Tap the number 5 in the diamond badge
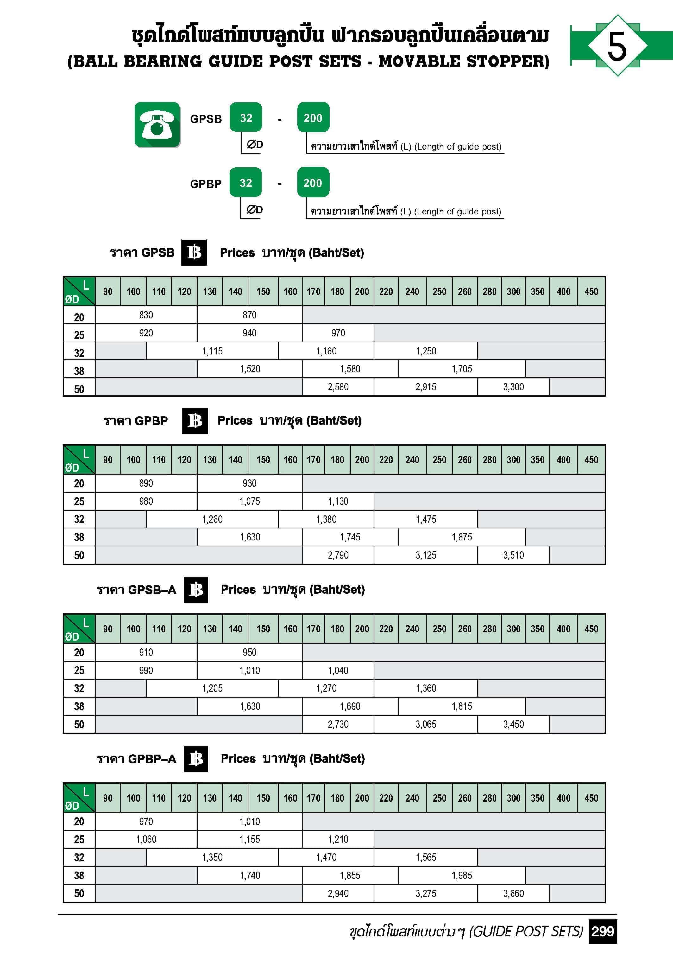(617, 46)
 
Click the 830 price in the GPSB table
(146, 315)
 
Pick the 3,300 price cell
(513, 387)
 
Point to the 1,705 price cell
(462, 369)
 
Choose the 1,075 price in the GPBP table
(249, 501)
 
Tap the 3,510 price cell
(513, 555)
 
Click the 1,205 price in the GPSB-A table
(212, 688)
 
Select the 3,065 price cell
(426, 724)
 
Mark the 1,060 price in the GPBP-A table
(146, 839)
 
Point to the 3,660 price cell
(513, 893)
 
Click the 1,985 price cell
(462, 875)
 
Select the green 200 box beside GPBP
(313, 183)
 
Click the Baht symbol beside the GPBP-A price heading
(196, 758)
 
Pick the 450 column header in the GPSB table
(591, 292)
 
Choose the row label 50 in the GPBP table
(79, 555)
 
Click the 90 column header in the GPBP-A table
(108, 798)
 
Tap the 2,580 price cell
(338, 387)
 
